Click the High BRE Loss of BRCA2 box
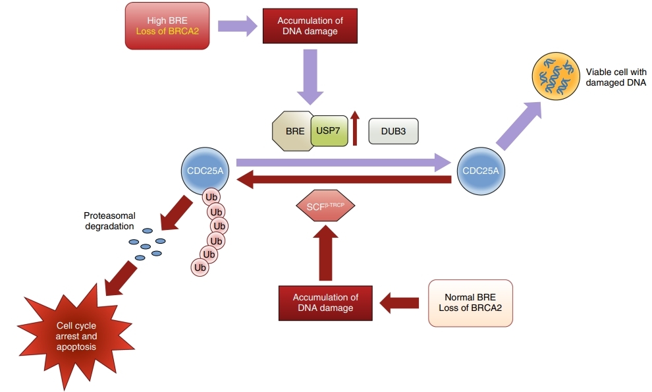point(167,26)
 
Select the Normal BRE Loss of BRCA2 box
point(470,303)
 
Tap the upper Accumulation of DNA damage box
point(310,26)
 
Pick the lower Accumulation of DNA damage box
point(325,303)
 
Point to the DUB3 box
point(393,131)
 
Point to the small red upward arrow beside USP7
point(356,128)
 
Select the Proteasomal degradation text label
point(109,221)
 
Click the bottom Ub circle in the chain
point(200,267)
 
